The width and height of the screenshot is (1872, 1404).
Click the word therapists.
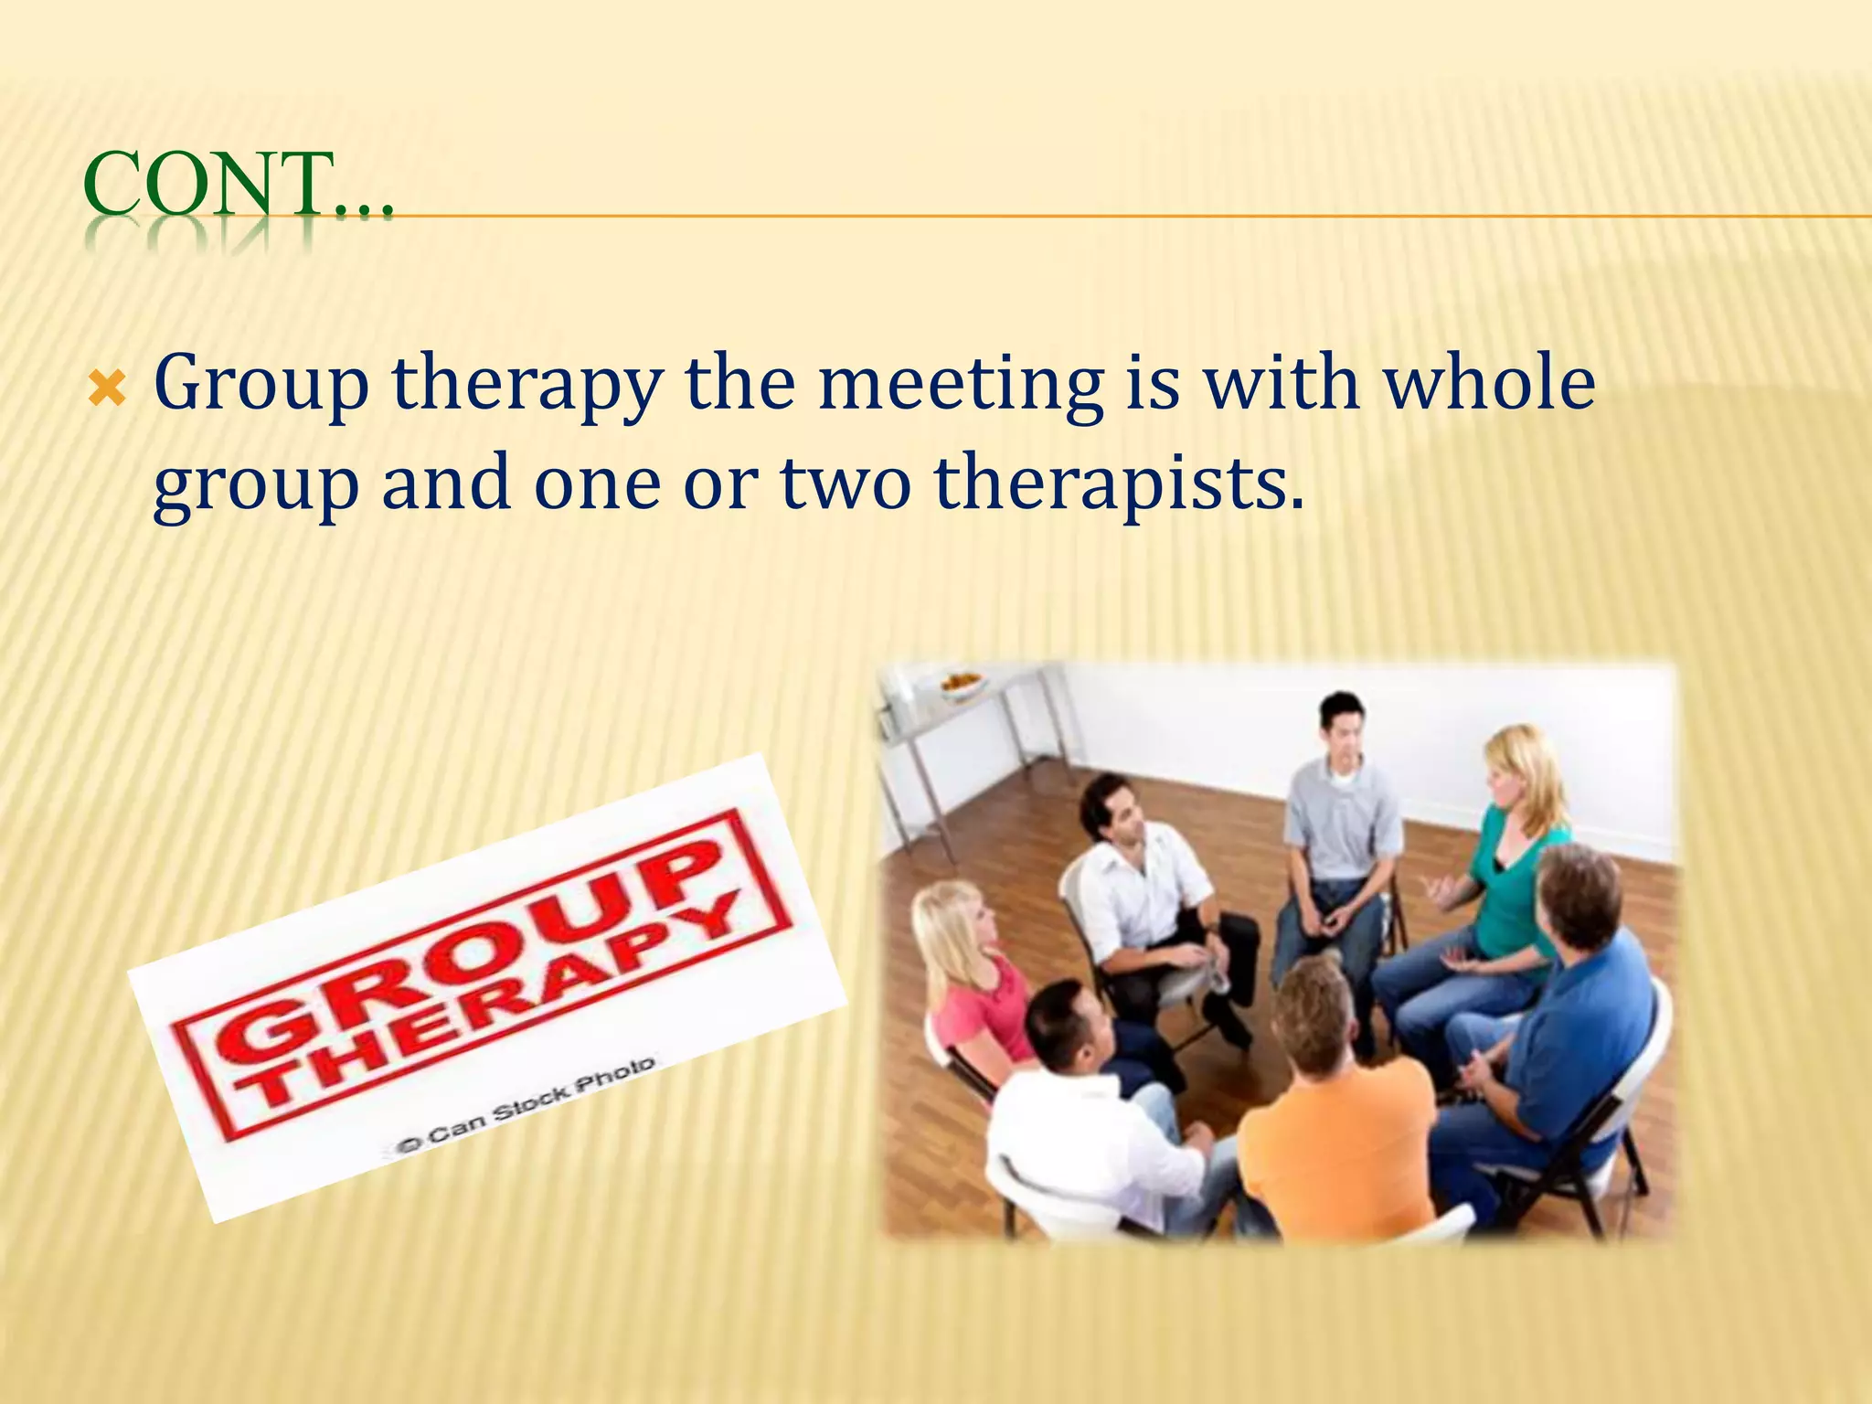point(1119,484)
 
